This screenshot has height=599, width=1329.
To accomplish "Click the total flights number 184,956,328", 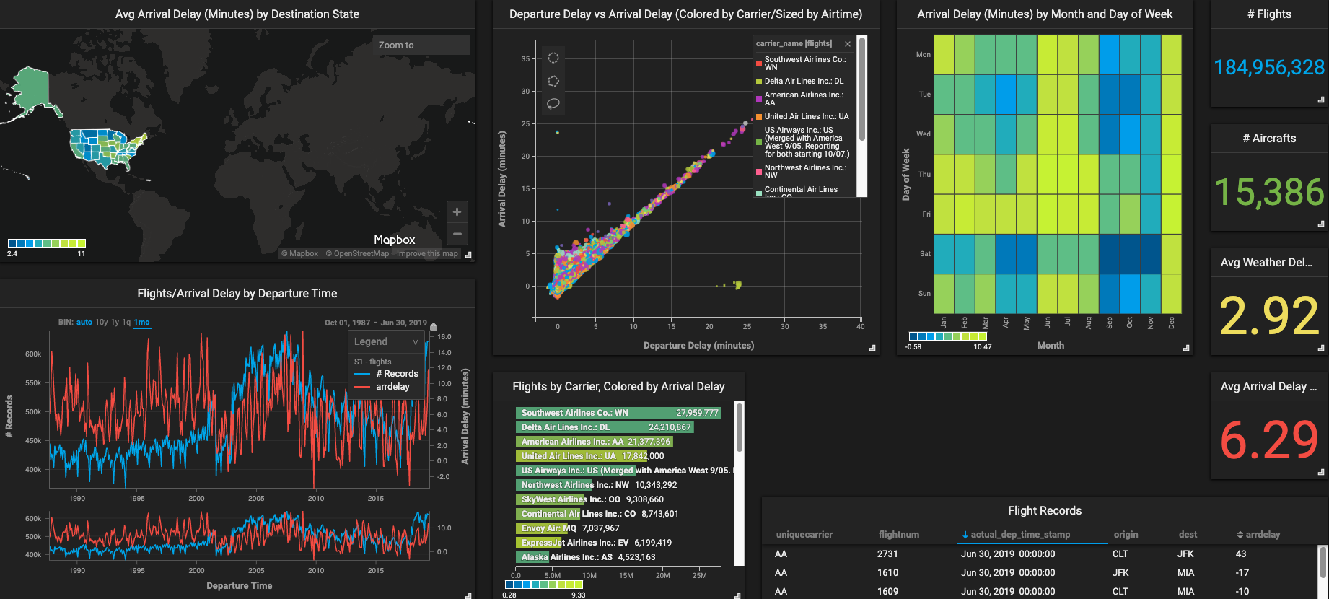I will [1268, 68].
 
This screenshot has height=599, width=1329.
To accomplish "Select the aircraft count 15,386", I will [1268, 192].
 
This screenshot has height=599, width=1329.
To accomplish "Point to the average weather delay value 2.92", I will [1268, 316].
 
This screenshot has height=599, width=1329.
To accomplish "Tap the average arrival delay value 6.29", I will [1268, 440].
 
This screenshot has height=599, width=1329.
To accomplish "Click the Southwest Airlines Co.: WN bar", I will [618, 413].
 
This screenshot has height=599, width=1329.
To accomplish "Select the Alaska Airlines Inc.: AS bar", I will [532, 557].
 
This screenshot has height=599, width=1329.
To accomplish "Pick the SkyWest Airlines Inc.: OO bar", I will [551, 499].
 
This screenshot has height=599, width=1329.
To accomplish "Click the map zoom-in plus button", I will [457, 212].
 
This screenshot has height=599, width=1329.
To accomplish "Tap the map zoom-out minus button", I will [457, 234].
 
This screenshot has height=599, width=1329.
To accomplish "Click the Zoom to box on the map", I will [421, 45].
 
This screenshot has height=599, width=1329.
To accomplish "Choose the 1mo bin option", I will [141, 323].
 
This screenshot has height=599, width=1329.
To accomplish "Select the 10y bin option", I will [102, 323].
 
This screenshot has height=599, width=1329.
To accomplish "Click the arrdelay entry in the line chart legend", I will [392, 387].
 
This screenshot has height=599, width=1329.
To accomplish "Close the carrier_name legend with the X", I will [848, 44].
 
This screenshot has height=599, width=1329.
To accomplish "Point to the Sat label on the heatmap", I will [925, 254].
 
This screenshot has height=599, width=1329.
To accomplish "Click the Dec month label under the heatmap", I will [1172, 323].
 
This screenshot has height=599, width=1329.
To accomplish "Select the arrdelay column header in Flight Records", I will [1263, 535].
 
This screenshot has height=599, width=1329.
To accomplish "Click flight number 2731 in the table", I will [887, 554].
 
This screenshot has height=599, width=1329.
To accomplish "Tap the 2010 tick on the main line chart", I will [316, 498].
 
